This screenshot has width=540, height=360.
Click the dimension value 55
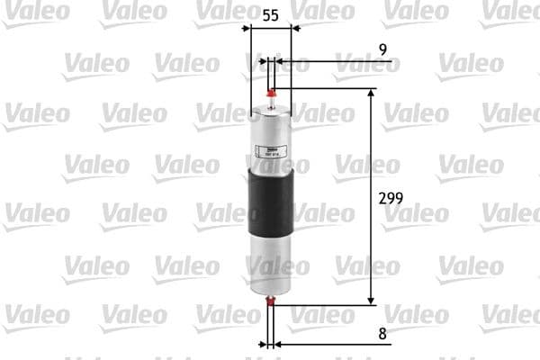269,15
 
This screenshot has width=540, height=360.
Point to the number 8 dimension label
382,333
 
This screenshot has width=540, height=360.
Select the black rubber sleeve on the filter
269,198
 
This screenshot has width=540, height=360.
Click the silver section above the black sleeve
269,130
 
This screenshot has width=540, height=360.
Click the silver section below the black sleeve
269,265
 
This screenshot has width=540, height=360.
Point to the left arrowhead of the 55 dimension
249,31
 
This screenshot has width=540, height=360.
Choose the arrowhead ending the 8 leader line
277,344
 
